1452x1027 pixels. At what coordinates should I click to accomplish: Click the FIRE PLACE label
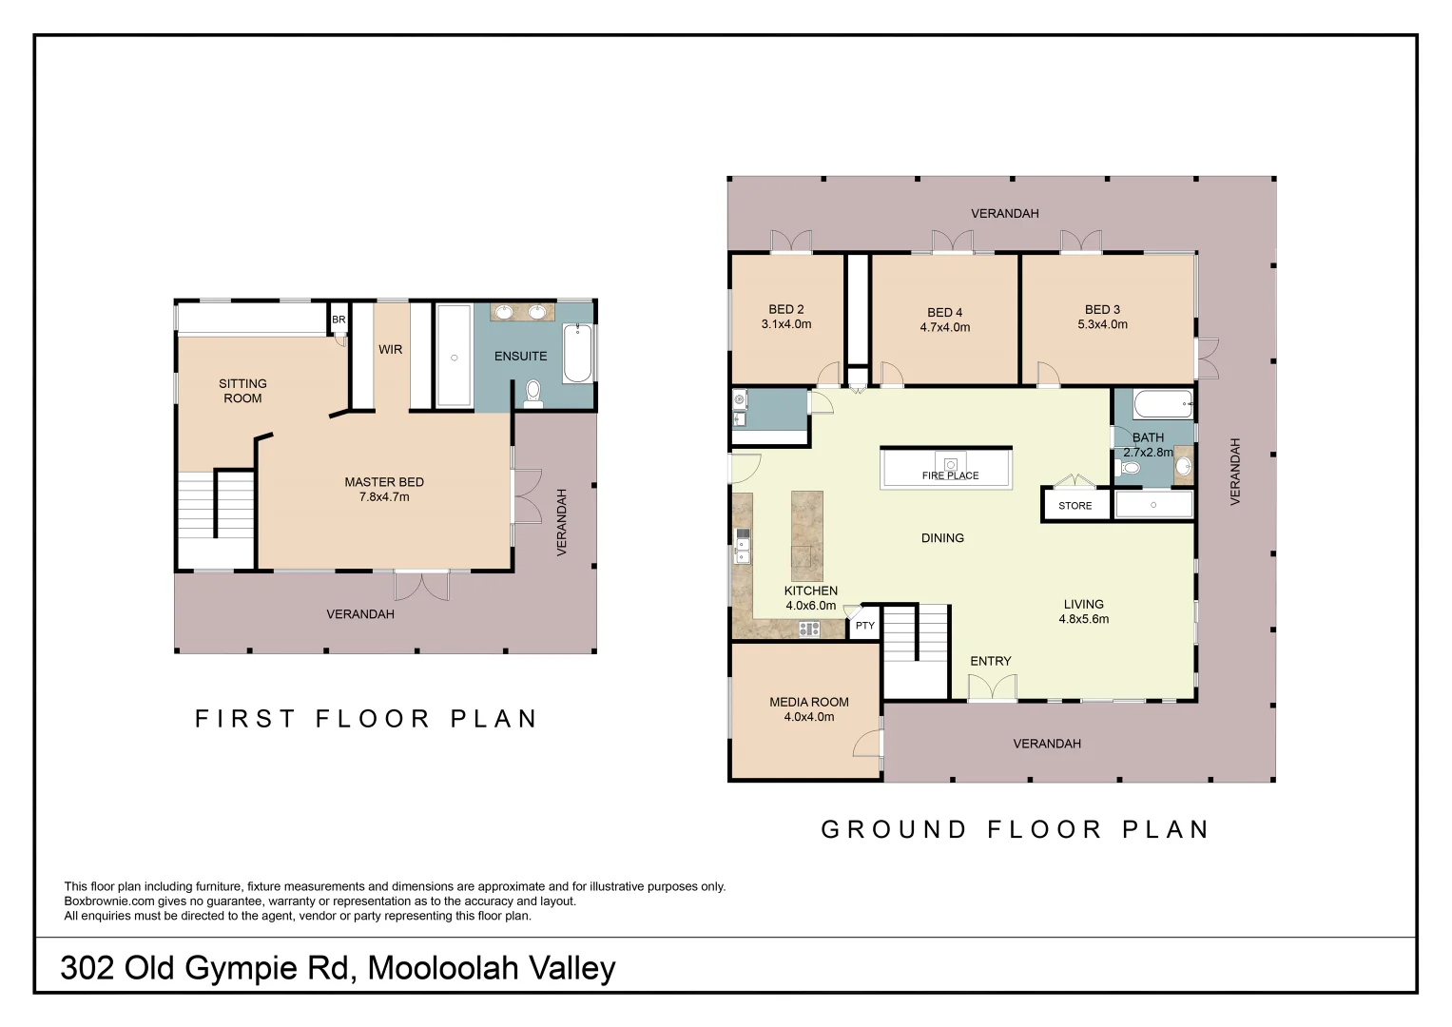pos(950,475)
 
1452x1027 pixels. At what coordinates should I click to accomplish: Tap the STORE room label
pos(1074,506)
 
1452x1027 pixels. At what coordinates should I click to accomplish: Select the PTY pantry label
pos(864,626)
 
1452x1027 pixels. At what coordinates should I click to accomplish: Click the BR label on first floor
pos(339,320)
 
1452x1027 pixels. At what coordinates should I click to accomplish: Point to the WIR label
pos(390,350)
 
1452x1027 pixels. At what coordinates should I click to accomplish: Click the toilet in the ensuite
pos(532,392)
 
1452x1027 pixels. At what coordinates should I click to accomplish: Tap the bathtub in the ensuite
pos(577,354)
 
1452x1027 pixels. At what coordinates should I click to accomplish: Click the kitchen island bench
pos(806,535)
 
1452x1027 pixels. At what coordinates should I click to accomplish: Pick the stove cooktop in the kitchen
pos(808,629)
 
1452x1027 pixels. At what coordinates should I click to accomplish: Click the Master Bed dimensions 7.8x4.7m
pos(384,497)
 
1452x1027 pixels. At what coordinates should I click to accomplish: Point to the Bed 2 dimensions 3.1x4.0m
pos(786,324)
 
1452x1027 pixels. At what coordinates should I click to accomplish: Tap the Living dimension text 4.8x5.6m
pos(1083,619)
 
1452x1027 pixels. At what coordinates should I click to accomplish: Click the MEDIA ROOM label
pos(809,702)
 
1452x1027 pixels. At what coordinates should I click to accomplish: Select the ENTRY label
pos(990,661)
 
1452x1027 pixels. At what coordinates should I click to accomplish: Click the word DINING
pos(942,538)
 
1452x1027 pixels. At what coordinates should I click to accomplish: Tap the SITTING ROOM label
pos(242,391)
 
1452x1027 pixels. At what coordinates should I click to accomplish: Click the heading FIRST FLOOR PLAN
pos(367,719)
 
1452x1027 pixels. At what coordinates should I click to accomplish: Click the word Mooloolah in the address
pos(443,968)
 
